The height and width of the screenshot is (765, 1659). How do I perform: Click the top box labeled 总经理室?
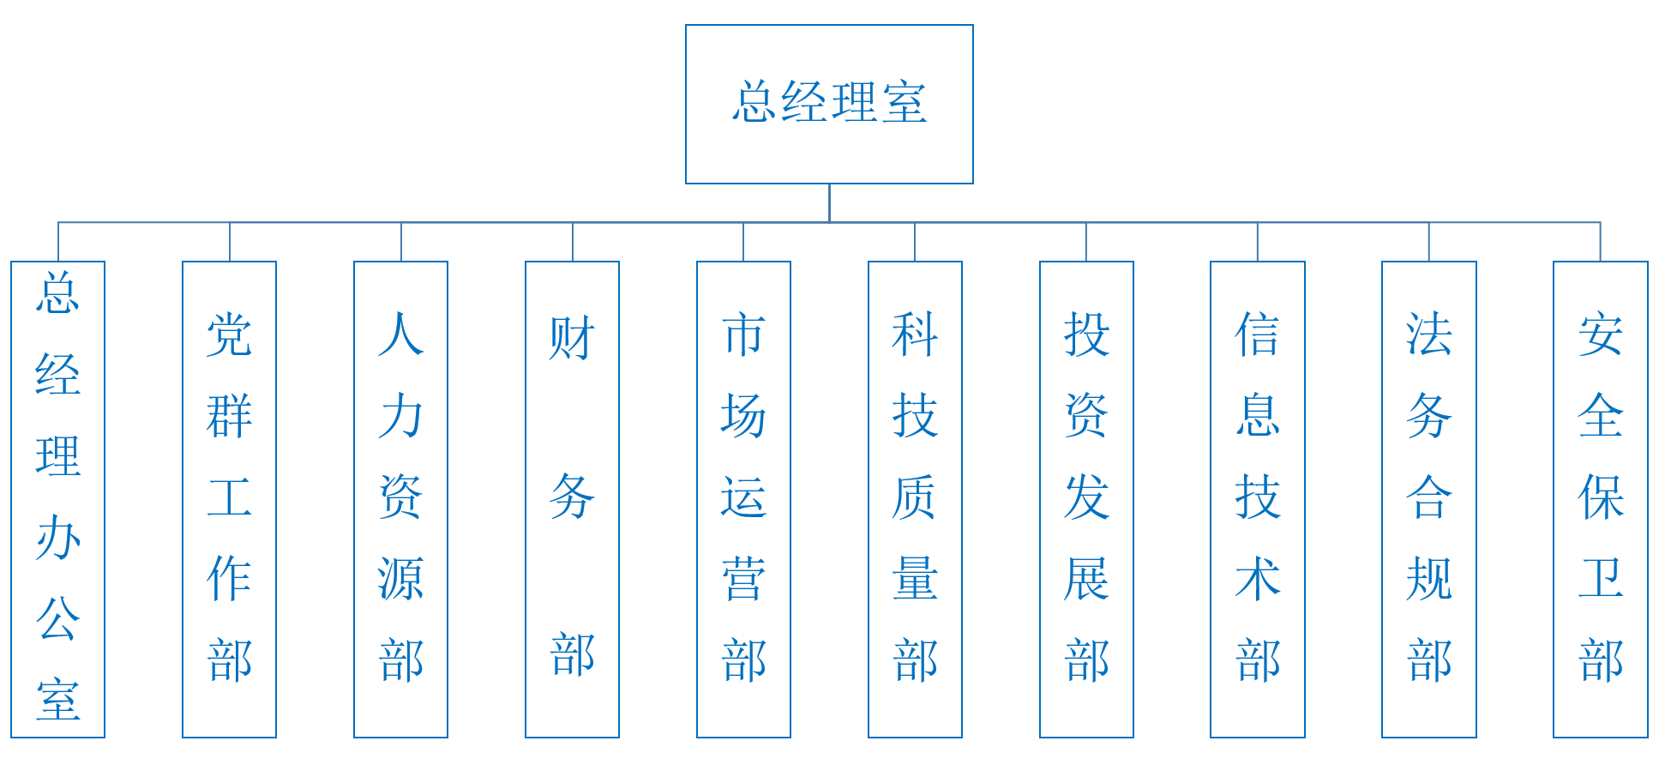pyautogui.click(x=829, y=104)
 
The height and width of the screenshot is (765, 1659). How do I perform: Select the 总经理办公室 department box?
pyautogui.click(x=57, y=499)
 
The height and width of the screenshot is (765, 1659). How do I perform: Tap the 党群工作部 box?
pyautogui.click(x=229, y=499)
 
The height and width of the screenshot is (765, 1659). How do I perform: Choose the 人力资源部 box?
pyautogui.click(x=400, y=499)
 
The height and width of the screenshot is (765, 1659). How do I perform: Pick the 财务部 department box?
pyautogui.click(x=572, y=499)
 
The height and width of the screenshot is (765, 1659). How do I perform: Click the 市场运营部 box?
pyautogui.click(x=743, y=499)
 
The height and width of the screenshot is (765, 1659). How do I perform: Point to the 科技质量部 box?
pyautogui.click(x=915, y=499)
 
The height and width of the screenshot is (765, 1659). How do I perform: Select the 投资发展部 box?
pyautogui.click(x=1086, y=499)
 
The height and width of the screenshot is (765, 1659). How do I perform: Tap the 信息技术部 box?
pyautogui.click(x=1257, y=499)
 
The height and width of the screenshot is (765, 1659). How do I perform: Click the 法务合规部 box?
pyautogui.click(x=1428, y=499)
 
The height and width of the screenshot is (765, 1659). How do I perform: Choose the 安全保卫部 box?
pyautogui.click(x=1600, y=499)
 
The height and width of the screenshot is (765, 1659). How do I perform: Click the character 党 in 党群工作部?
pyautogui.click(x=229, y=334)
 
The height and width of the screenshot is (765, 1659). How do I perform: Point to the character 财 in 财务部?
pyautogui.click(x=572, y=338)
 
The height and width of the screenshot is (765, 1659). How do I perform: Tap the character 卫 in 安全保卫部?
pyautogui.click(x=1600, y=579)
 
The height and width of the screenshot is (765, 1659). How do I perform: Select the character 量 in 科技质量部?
pyautogui.click(x=915, y=579)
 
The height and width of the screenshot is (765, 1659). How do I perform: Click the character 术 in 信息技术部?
pyautogui.click(x=1257, y=579)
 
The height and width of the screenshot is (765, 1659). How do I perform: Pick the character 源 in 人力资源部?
pyautogui.click(x=400, y=579)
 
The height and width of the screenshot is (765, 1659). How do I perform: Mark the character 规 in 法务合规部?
pyautogui.click(x=1428, y=579)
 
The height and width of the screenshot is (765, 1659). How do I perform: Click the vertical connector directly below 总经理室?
pyautogui.click(x=829, y=202)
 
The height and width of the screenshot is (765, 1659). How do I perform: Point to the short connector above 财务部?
pyautogui.click(x=573, y=242)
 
